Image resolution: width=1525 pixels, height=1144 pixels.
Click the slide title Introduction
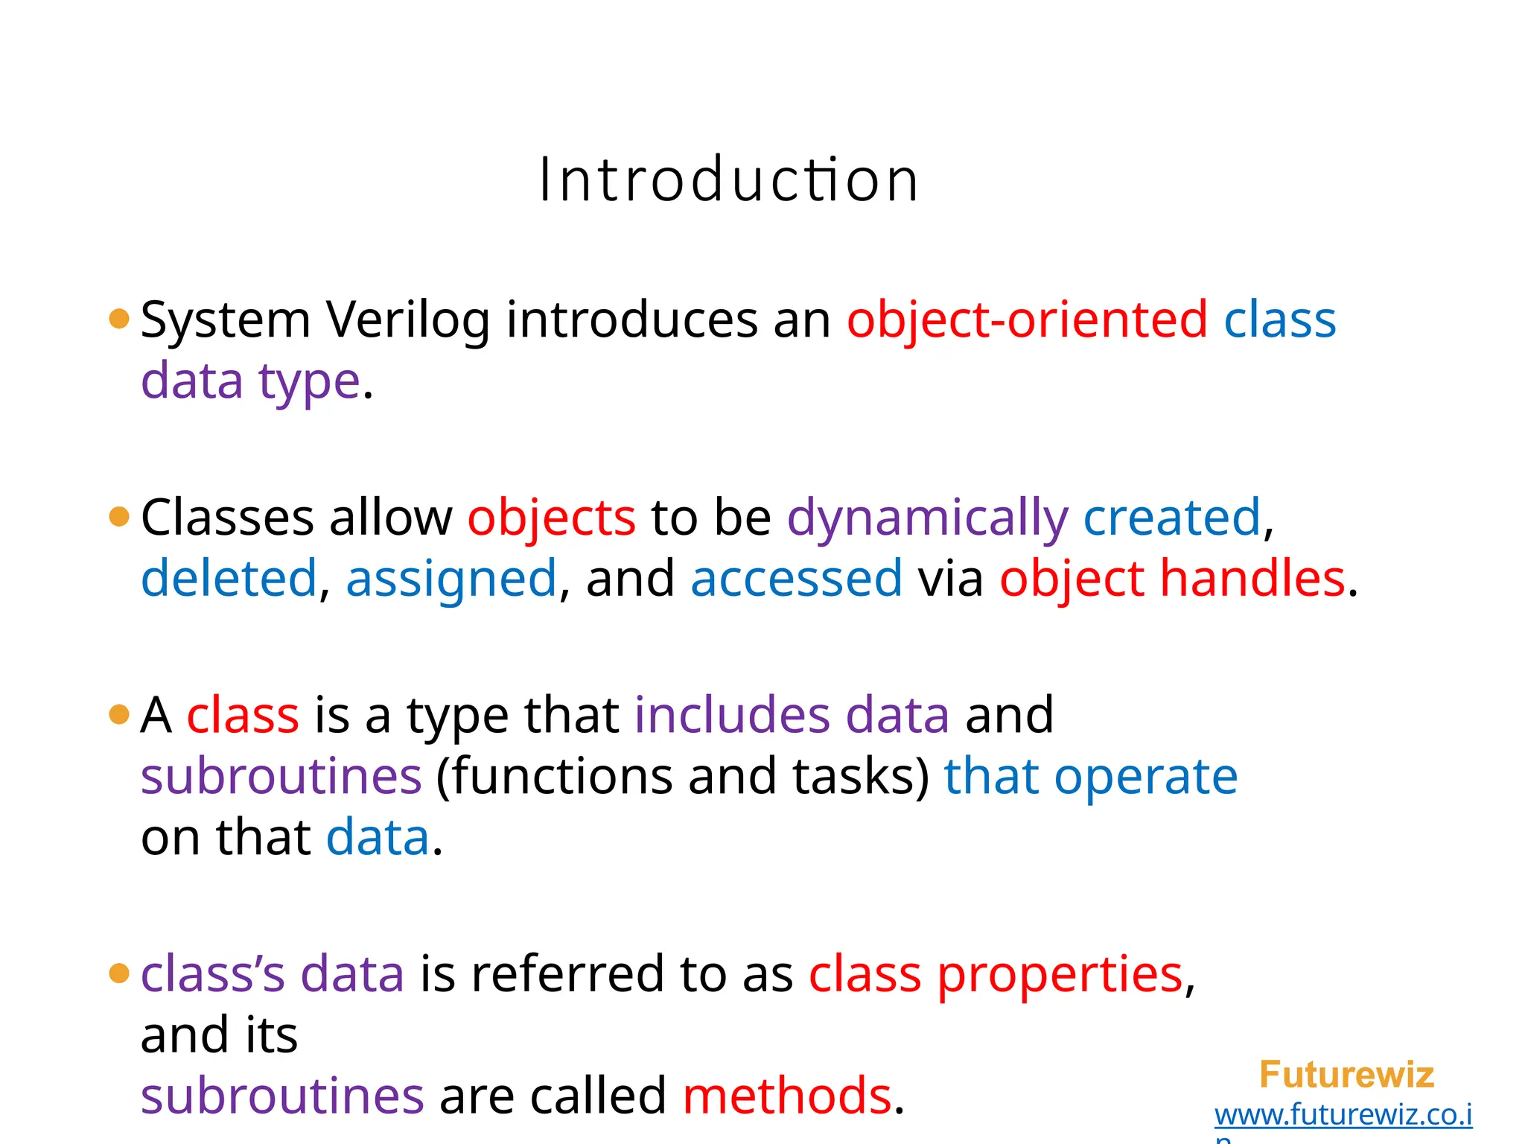pyautogui.click(x=728, y=180)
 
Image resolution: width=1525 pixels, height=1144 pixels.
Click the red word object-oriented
pyautogui.click(x=1027, y=321)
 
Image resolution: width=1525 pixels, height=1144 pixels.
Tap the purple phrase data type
pyautogui.click(x=251, y=381)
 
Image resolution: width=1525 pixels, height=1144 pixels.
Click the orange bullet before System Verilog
pyautogui.click(x=119, y=320)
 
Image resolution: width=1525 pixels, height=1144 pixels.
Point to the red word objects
pyautogui.click(x=551, y=518)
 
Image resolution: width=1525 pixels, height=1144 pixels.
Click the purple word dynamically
pyautogui.click(x=927, y=518)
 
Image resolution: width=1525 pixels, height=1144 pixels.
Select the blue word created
pyautogui.click(x=1171, y=518)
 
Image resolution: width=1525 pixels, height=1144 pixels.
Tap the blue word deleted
pyautogui.click(x=229, y=579)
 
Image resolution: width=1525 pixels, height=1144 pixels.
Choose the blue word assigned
pyautogui.click(x=451, y=579)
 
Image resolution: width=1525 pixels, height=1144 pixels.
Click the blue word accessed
pyautogui.click(x=796, y=579)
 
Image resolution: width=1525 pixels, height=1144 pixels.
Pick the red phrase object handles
pyautogui.click(x=1172, y=579)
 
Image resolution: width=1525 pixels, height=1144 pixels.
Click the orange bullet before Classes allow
pyautogui.click(x=119, y=517)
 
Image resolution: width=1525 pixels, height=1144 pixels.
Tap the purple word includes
pyautogui.click(x=732, y=716)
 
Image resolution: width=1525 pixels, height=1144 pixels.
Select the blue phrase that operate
pyautogui.click(x=1091, y=777)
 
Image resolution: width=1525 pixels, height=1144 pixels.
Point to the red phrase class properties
pyautogui.click(x=996, y=975)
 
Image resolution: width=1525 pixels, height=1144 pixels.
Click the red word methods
pyautogui.click(x=787, y=1096)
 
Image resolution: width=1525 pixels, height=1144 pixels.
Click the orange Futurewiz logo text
pyautogui.click(x=1346, y=1075)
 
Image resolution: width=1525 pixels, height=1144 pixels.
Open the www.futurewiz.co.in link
pyautogui.click(x=1343, y=1115)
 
